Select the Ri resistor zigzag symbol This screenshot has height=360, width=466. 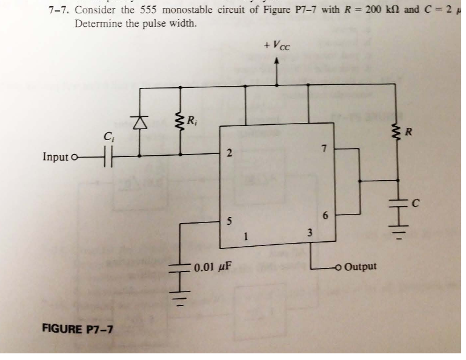pyautogui.click(x=180, y=122)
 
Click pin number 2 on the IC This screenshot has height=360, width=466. pyautogui.click(x=228, y=154)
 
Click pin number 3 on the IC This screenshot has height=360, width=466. pyautogui.click(x=309, y=233)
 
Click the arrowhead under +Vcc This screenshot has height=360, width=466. pyautogui.click(x=278, y=61)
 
